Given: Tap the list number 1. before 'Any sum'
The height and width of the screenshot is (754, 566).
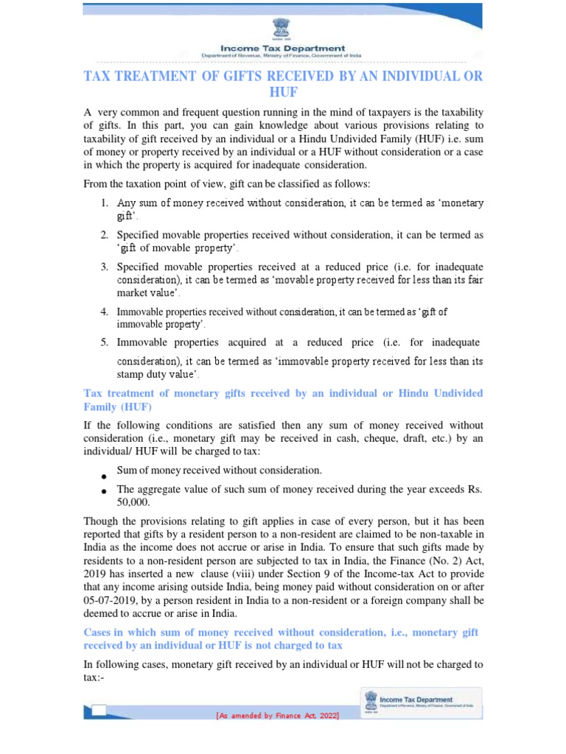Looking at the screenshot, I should coord(105,202).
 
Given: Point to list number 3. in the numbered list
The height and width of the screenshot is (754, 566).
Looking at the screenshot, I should coord(105,266).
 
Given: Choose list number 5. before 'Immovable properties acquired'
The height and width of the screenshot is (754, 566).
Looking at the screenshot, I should coord(105,342).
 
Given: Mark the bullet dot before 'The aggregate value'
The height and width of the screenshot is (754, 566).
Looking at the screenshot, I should coord(105,491).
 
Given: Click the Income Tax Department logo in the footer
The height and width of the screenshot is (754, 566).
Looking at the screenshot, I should coord(420,701).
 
